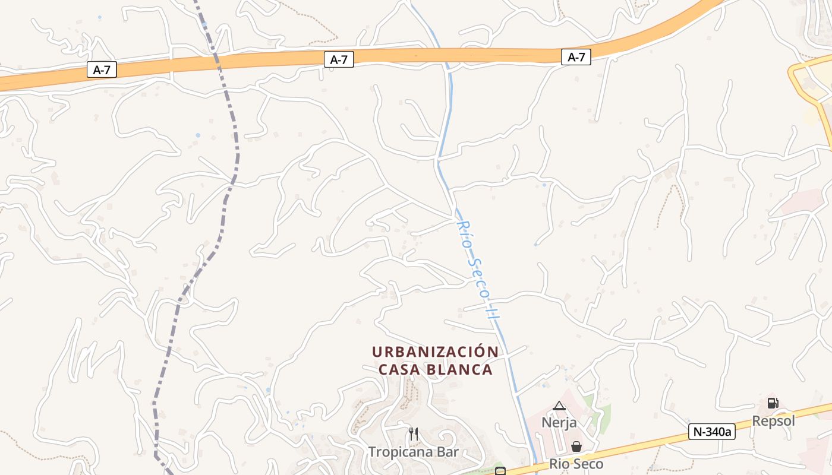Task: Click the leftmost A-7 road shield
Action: click(x=102, y=70)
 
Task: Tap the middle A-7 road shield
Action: click(x=339, y=59)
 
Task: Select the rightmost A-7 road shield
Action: click(x=576, y=57)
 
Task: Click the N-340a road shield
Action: click(x=712, y=432)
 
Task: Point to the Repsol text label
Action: click(x=773, y=421)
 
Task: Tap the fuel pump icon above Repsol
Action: click(x=773, y=403)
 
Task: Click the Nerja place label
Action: click(x=559, y=423)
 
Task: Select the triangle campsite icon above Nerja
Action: click(x=559, y=406)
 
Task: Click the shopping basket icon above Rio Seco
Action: click(x=576, y=446)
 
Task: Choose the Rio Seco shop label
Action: click(x=576, y=464)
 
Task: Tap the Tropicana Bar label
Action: click(x=413, y=452)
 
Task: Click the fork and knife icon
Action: click(x=414, y=434)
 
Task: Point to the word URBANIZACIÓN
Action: click(x=435, y=351)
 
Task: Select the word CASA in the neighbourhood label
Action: click(x=400, y=369)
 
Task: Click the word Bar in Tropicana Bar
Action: click(x=447, y=452)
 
